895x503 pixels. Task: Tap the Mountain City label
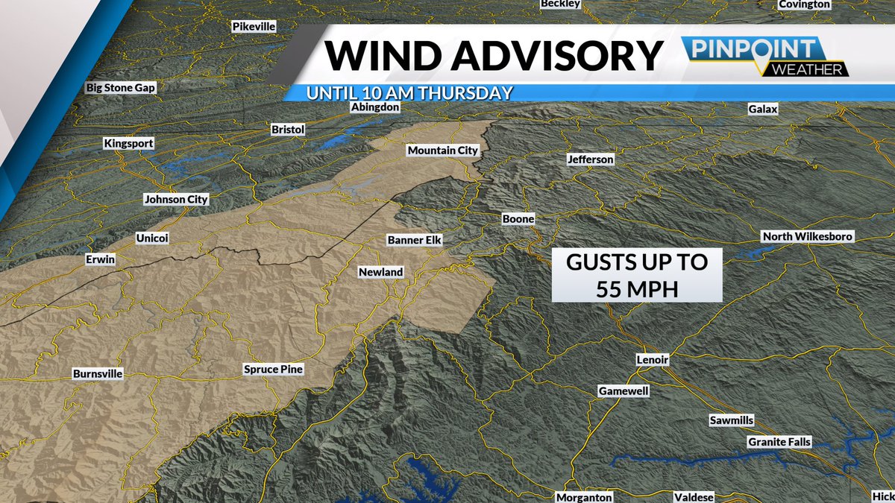point(442,151)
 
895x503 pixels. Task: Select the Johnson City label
point(176,200)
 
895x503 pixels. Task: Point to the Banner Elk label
point(415,240)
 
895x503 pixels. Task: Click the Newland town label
point(380,272)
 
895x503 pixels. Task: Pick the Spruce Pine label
point(274,369)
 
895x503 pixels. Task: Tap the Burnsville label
point(98,373)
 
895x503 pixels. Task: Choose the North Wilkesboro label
point(807,237)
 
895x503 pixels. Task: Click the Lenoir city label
point(653,360)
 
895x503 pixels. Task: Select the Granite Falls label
point(779,442)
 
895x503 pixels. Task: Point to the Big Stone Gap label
point(121,87)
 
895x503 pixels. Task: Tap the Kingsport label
point(128,143)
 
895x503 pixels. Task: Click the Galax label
point(763,110)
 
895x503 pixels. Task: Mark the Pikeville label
point(254,26)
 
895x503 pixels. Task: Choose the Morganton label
point(584,497)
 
